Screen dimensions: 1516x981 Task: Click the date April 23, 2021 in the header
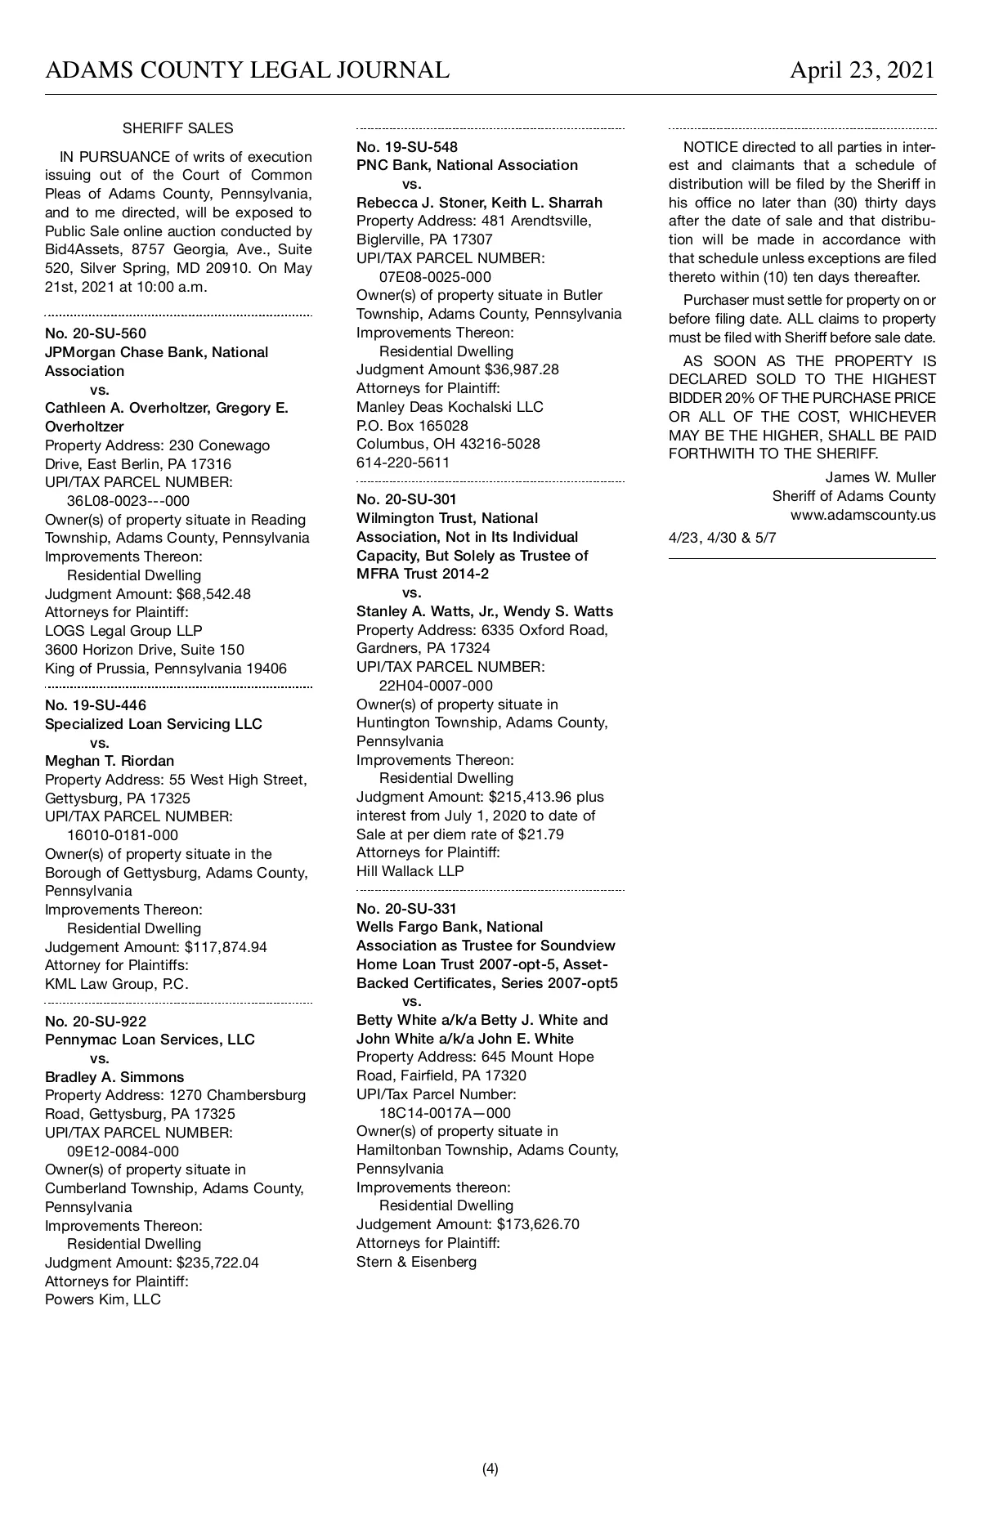(862, 70)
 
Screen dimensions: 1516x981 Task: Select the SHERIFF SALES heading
(177, 128)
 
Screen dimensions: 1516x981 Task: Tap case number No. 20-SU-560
(96, 333)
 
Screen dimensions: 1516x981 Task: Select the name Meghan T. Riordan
(110, 761)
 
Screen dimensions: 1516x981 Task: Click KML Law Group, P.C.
(117, 984)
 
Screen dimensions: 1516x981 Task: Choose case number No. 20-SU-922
(96, 1021)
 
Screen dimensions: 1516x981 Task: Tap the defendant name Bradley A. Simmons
(114, 1077)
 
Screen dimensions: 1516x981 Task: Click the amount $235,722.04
(217, 1263)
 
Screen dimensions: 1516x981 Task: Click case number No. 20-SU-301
(406, 499)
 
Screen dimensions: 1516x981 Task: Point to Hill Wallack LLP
(410, 871)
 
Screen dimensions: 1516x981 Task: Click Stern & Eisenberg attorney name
(416, 1262)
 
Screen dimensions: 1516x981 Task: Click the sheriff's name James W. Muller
(880, 477)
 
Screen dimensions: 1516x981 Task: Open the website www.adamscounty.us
(862, 516)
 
